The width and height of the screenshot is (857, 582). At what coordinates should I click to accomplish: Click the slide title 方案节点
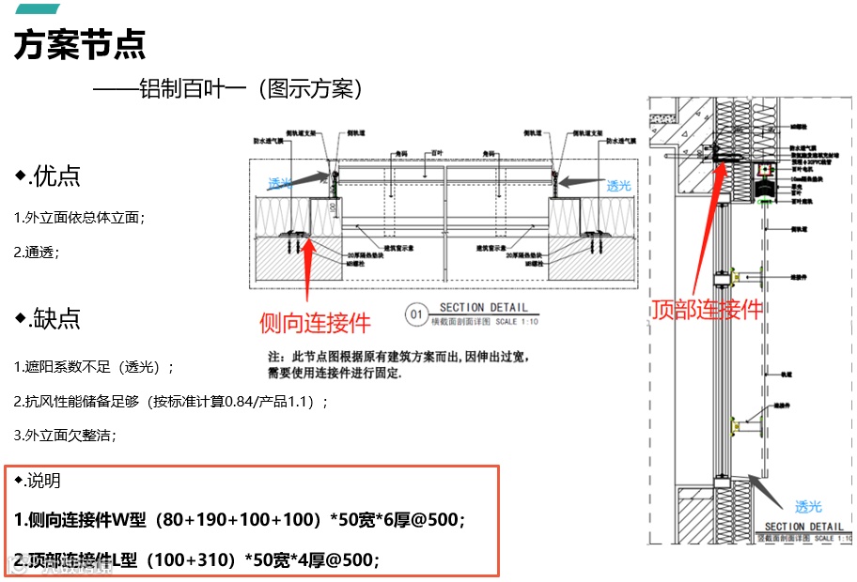coord(80,44)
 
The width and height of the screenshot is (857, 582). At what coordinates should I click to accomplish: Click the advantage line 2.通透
coord(37,253)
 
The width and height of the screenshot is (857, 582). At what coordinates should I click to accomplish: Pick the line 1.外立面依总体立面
coord(80,218)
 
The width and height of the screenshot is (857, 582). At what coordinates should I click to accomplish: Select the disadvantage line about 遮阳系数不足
coord(94,367)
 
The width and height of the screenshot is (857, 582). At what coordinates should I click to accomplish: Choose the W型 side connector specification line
coord(240,519)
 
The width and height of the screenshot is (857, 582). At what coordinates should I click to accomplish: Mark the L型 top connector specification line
coord(197,560)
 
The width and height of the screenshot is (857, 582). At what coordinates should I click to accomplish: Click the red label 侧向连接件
coord(316,324)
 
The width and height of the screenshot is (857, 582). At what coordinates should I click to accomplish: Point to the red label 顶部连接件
coord(707,310)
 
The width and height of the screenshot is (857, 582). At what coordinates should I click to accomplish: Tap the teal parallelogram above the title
coord(38,8)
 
